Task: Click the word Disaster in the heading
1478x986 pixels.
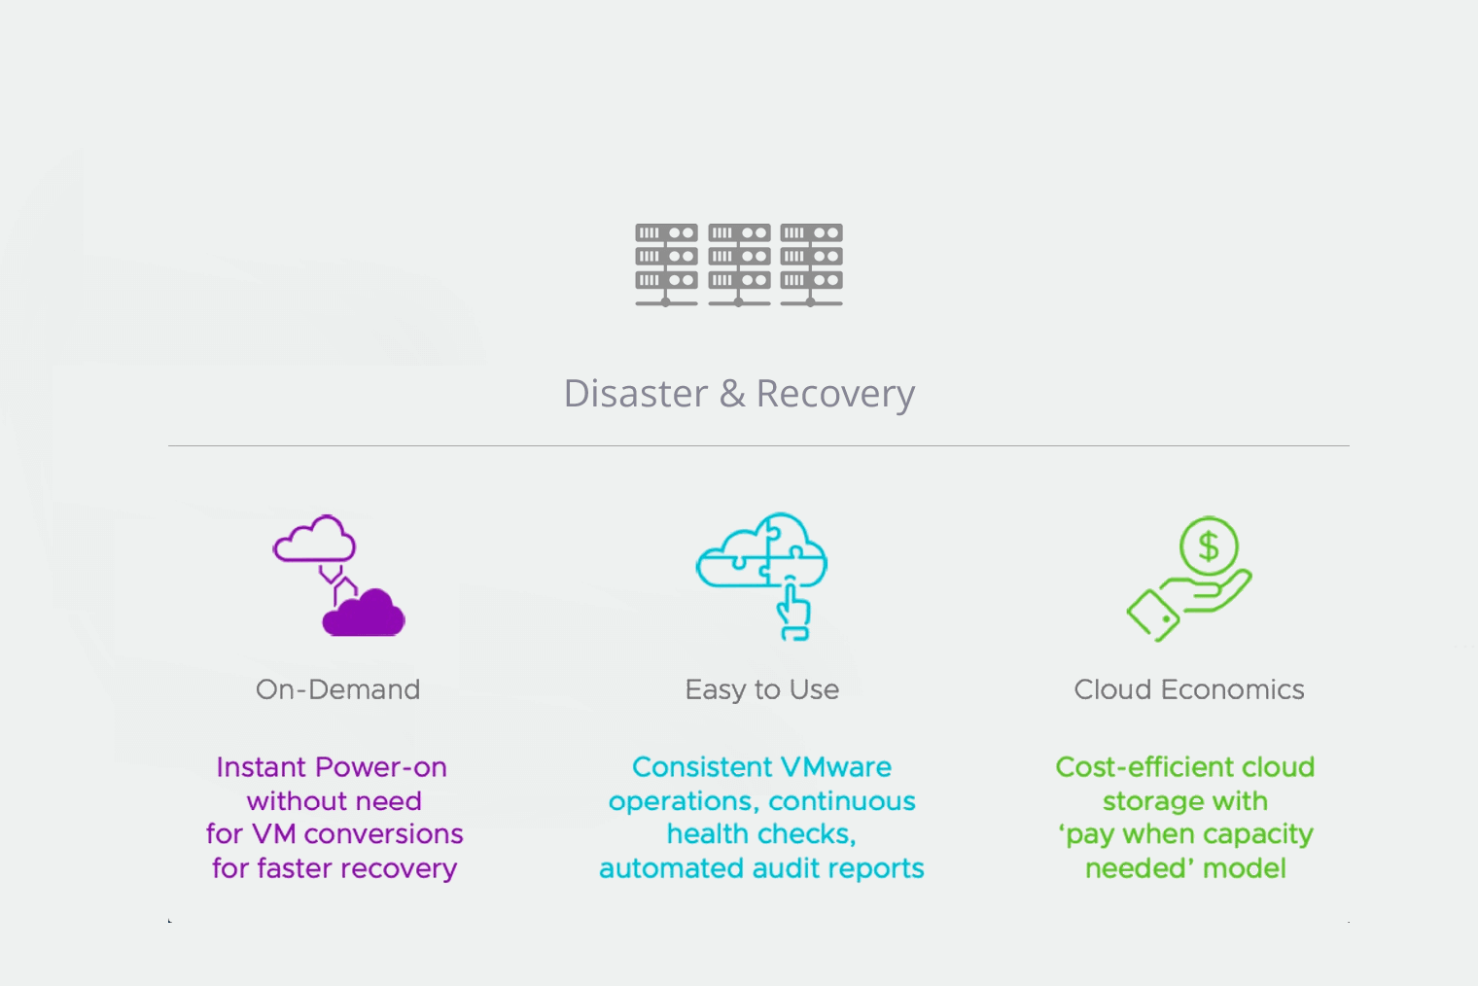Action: (636, 394)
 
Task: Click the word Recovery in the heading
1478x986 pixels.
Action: (835, 394)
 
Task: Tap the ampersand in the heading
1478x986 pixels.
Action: (732, 394)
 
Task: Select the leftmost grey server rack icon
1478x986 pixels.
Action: (666, 263)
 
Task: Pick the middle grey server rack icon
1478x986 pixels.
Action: (739, 263)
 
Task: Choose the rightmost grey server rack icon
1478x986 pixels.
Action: (811, 263)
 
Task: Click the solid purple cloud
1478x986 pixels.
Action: (365, 616)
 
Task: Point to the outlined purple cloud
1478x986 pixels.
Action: (314, 541)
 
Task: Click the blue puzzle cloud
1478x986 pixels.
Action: (760, 552)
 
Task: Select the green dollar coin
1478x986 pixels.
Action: (1209, 546)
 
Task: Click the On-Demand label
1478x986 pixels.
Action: (337, 689)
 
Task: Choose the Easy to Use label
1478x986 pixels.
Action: (761, 689)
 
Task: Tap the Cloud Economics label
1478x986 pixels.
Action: (1188, 689)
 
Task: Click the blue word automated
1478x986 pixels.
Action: (668, 868)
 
